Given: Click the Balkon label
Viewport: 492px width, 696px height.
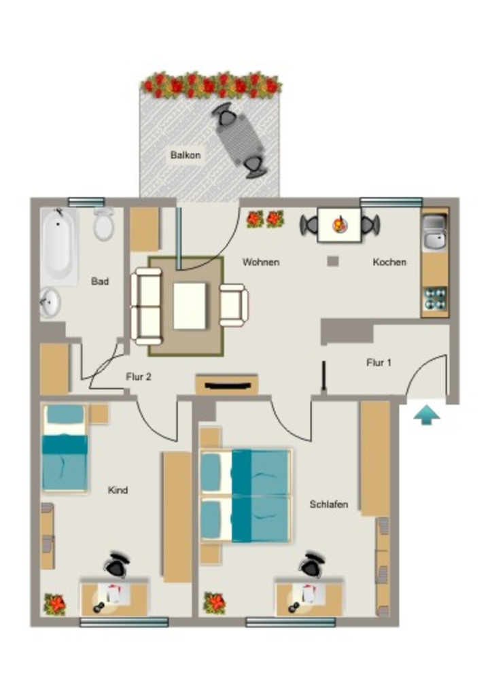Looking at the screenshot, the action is [186, 155].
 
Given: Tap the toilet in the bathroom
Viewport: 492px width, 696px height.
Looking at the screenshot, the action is [104, 224].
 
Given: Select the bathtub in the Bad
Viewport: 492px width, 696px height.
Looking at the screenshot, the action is [59, 245].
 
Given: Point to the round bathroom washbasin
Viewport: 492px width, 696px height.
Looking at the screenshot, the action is [50, 302].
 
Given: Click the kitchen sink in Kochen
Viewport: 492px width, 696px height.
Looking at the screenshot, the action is [435, 232].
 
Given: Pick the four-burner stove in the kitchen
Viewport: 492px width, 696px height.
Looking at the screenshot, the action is [435, 299].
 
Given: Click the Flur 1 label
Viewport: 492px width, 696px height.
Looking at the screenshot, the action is [379, 363].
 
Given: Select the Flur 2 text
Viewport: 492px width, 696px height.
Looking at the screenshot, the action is [139, 377].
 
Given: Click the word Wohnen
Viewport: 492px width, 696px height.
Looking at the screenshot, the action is [261, 262].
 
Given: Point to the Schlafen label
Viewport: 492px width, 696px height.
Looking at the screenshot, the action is [329, 504].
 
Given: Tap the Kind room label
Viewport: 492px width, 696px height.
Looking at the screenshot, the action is [118, 490].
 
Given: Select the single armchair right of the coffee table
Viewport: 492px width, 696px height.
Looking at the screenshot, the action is [234, 305].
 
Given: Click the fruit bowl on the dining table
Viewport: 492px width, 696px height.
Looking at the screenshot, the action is [340, 224].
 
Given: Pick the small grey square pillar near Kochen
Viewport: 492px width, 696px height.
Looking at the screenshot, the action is [333, 261].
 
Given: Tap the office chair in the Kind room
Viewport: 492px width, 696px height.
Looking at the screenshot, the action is [117, 565].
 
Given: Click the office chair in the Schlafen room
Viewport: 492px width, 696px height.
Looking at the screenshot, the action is [312, 565].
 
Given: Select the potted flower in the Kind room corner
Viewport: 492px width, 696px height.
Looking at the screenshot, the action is [54, 604].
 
